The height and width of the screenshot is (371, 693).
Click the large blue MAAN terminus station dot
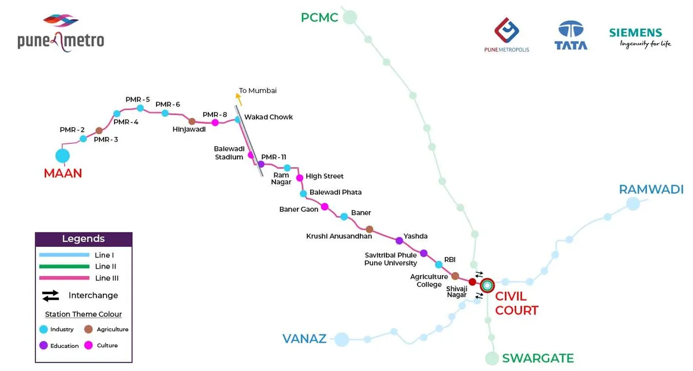(x=62, y=155)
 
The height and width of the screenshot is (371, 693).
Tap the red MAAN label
(x=63, y=173)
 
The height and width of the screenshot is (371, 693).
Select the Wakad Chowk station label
(x=269, y=117)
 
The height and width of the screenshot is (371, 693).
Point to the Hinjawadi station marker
(x=192, y=121)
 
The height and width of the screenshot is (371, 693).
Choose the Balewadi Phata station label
(x=336, y=192)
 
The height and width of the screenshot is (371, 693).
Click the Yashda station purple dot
(x=399, y=240)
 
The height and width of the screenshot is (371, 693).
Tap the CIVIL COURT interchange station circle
(x=487, y=285)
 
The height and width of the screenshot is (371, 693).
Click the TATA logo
(x=571, y=36)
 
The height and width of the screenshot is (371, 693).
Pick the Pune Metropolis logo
(x=506, y=35)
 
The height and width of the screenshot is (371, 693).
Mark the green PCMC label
(x=319, y=18)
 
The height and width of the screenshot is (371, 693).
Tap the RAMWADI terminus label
(x=651, y=190)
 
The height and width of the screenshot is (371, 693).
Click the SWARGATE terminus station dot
(x=491, y=358)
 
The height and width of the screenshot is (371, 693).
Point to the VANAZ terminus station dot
(x=342, y=339)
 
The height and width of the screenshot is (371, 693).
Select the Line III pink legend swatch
(x=64, y=278)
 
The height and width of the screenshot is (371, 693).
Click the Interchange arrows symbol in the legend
(x=51, y=296)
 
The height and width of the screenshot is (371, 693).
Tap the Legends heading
(x=84, y=239)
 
